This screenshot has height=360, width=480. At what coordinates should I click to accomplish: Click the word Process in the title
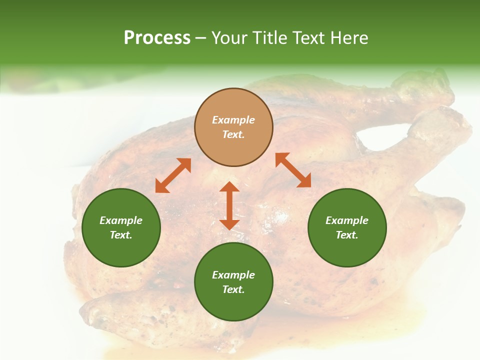click(x=157, y=38)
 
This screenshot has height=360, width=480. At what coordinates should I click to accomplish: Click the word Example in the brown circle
click(x=233, y=120)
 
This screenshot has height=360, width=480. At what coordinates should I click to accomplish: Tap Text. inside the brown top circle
click(x=233, y=134)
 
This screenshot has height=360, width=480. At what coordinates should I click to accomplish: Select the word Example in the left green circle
click(x=121, y=220)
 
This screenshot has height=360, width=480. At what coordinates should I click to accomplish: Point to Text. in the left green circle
click(x=121, y=235)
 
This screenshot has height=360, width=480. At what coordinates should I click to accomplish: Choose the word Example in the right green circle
click(x=347, y=220)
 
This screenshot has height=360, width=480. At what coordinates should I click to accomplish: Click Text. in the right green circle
click(x=347, y=235)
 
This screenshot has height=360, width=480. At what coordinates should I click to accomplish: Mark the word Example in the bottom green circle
click(x=233, y=275)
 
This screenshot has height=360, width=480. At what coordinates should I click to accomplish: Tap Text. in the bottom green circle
click(x=233, y=289)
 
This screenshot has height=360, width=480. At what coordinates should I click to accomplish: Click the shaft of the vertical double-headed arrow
click(x=229, y=205)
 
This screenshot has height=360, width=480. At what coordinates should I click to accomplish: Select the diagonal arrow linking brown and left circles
click(x=173, y=175)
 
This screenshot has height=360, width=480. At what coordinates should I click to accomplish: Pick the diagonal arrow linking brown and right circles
click(x=293, y=170)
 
